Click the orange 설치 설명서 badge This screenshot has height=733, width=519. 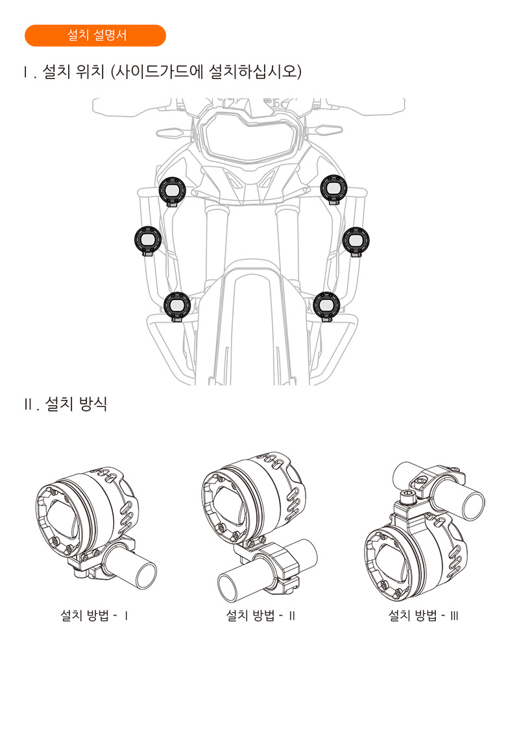(95, 36)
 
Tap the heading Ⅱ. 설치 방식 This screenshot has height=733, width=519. (66, 404)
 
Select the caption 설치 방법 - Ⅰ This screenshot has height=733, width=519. (94, 615)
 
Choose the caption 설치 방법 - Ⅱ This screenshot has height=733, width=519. (261, 615)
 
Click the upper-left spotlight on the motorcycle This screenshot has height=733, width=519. (172, 191)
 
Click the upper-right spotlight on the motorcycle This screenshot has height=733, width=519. (333, 189)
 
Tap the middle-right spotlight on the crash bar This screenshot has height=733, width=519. (356, 242)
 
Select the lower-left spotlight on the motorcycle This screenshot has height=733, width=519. (177, 306)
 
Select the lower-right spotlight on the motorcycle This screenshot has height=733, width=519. (326, 306)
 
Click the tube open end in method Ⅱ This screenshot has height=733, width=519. (232, 588)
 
